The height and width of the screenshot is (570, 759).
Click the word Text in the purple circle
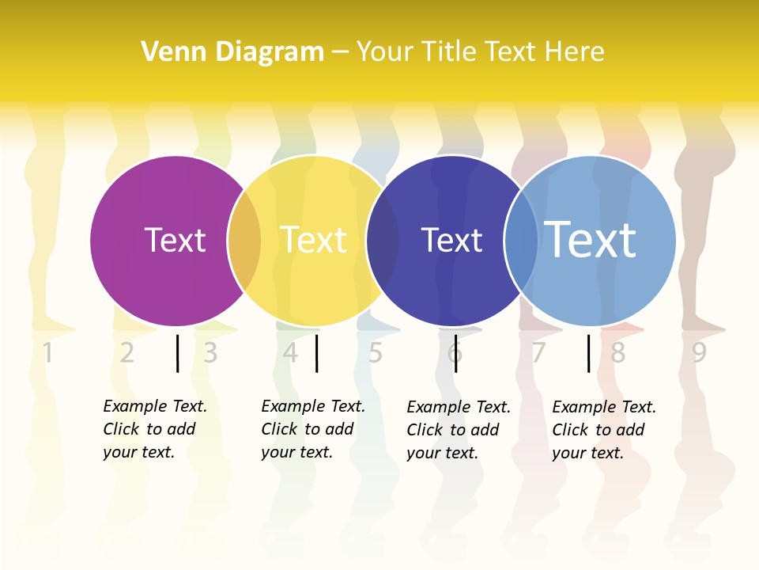coord(175,240)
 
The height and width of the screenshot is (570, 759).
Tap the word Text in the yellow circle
coord(313,240)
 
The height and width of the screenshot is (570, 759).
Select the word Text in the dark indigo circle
coord(451,240)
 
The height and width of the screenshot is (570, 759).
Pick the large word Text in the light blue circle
coord(590,239)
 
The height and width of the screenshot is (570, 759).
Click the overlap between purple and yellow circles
coord(244,240)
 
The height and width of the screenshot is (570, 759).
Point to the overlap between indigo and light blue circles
coord(521,240)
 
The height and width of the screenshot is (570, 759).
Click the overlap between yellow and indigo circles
coord(383,240)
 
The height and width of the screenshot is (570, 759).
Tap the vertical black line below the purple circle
coord(178,353)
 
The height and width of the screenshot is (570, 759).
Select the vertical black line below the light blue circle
coord(589,353)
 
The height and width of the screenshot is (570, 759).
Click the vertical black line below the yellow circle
coord(316,353)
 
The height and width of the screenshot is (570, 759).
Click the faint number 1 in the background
coord(47,352)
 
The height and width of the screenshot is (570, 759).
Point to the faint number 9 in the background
coord(699,352)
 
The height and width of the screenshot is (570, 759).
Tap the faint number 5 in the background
coord(376,352)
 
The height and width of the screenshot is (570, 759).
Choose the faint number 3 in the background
coord(210,352)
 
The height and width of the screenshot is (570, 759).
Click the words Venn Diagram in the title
coord(232,51)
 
